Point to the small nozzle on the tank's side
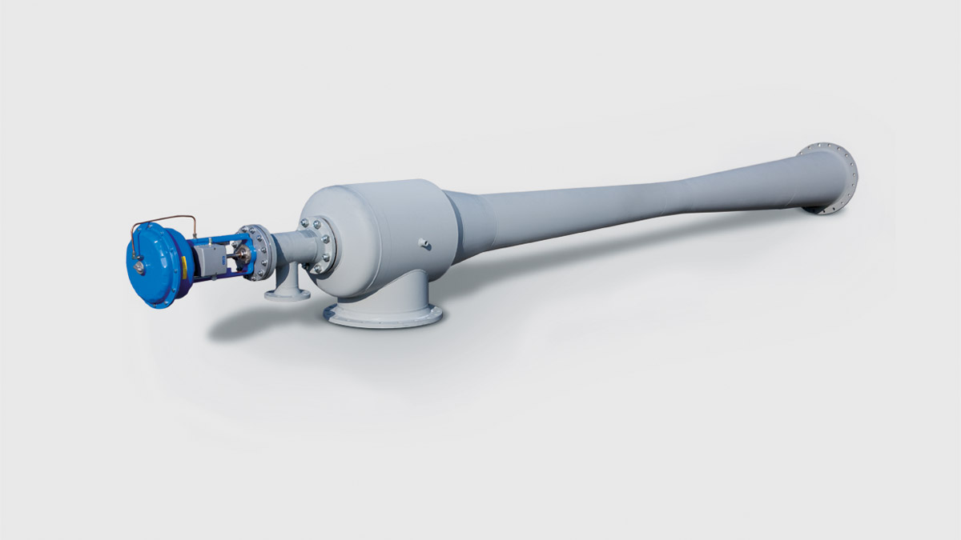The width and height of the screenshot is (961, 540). tap(425, 243)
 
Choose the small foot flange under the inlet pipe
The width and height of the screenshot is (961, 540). tap(287, 294)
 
